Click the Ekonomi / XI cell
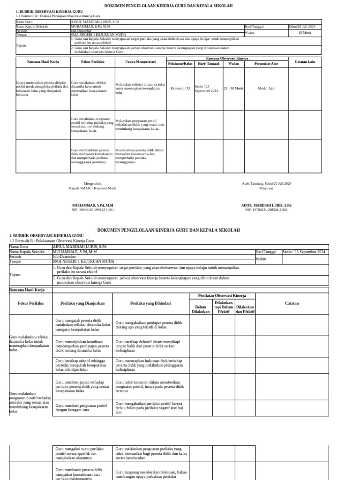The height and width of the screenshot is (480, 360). [180, 88]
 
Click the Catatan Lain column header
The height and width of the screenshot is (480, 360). [305, 61]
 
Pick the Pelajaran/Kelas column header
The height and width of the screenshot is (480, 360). [180, 63]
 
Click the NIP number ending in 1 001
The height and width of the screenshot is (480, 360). [92, 210]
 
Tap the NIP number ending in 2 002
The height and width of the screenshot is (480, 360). [266, 210]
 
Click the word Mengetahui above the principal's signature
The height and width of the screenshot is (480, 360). [92, 183]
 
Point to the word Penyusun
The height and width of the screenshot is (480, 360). [266, 188]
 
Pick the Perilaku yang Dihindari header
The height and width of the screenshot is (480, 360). [150, 303]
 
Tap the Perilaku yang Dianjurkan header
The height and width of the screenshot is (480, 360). [82, 303]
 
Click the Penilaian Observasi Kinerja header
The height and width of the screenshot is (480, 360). [222, 296]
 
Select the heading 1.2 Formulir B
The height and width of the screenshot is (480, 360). [48, 240]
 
